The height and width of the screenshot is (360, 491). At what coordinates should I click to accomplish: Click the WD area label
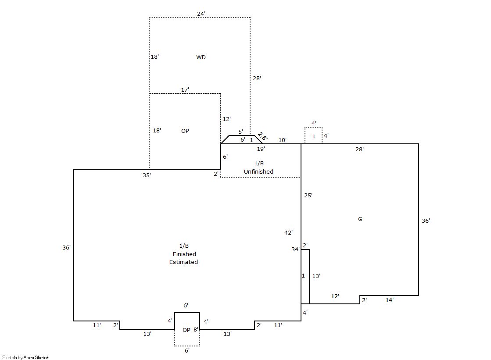201,57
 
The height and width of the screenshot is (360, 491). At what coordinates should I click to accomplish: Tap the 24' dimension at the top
201,14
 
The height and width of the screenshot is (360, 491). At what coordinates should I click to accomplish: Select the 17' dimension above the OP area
185,90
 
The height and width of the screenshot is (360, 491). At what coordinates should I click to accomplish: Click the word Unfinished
258,171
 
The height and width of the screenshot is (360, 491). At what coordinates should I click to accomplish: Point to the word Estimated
184,262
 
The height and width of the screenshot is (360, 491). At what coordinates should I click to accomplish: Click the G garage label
360,219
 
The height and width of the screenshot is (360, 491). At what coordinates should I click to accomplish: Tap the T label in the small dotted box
314,136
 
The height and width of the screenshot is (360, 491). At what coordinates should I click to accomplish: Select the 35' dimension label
147,175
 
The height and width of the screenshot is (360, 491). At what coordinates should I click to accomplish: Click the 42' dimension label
289,233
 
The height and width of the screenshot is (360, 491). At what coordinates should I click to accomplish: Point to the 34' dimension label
295,250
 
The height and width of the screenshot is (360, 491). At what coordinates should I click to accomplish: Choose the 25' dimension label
308,196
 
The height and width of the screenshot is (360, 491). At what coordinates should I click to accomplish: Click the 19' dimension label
261,149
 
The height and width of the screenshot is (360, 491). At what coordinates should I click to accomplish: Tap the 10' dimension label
283,140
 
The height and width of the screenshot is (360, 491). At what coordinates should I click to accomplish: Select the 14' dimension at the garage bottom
390,300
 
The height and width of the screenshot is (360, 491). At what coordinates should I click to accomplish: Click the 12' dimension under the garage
335,296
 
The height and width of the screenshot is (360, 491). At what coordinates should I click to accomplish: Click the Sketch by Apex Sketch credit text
26,357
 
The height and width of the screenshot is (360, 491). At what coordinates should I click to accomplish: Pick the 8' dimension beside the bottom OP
196,330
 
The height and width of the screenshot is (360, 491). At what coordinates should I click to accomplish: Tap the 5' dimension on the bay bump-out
240,132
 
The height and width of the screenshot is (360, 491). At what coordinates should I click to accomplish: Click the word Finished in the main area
184,254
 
